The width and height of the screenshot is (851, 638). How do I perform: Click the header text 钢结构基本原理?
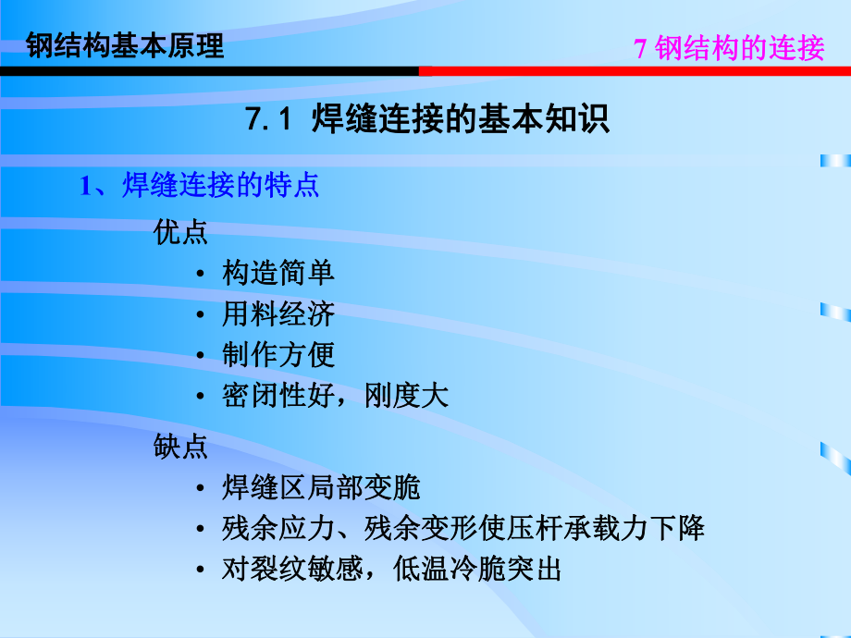pyautogui.click(x=126, y=45)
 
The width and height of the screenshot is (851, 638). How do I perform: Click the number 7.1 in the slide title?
pyautogui.click(x=269, y=121)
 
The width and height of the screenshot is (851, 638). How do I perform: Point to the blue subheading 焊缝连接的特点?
pyautogui.click(x=220, y=185)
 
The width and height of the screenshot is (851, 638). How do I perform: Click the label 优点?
pyautogui.click(x=181, y=232)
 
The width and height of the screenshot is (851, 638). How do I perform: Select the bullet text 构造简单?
pyautogui.click(x=278, y=273)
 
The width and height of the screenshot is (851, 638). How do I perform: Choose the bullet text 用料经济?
pyautogui.click(x=278, y=313)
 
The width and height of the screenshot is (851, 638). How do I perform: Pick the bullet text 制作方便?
pyautogui.click(x=278, y=355)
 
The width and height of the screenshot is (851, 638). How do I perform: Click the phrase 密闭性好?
pyautogui.click(x=265, y=396)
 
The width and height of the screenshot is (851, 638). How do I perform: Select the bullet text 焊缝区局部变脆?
pyautogui.click(x=321, y=487)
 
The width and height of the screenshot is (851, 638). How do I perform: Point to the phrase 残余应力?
pyautogui.click(x=265, y=529)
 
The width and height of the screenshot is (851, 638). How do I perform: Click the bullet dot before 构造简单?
pyautogui.click(x=201, y=274)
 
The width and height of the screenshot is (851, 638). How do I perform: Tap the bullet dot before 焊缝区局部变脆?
pyautogui.click(x=201, y=488)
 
